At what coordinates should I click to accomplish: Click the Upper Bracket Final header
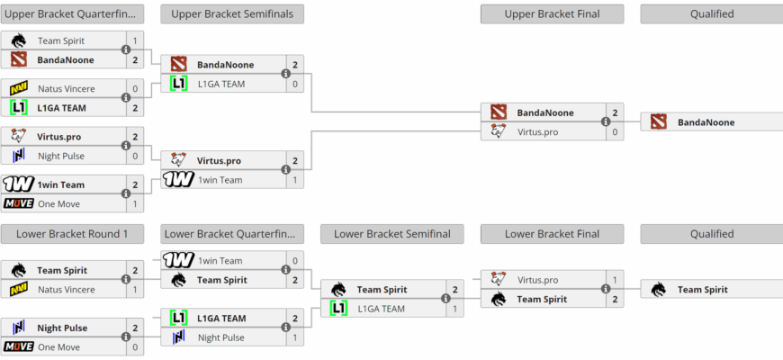point(552,14)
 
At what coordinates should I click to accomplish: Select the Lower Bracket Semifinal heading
point(391,234)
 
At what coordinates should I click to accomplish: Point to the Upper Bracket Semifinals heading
point(232,14)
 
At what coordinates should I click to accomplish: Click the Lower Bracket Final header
point(552,234)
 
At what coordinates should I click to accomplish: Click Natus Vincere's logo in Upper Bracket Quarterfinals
point(19,89)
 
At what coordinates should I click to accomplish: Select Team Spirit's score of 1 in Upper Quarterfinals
point(135,40)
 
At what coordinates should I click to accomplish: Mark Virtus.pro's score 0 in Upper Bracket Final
point(616,131)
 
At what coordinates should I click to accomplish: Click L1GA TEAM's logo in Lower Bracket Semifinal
point(338,309)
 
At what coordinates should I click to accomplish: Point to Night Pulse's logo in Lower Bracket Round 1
point(19,328)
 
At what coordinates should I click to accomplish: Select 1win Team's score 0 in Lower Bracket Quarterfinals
point(294,260)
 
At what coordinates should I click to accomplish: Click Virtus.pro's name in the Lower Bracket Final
point(537,280)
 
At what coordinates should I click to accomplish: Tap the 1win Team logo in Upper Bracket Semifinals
point(179,179)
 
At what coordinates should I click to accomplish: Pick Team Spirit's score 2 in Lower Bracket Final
point(616,299)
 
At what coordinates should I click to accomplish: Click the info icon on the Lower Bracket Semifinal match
point(445,299)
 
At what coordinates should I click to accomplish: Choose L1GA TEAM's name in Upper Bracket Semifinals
point(222,84)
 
